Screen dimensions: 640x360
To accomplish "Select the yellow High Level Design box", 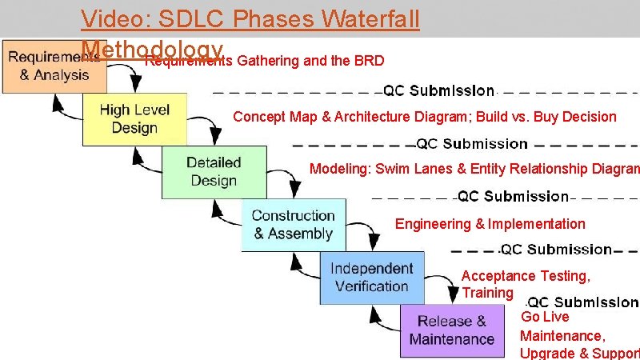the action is [x=134, y=119].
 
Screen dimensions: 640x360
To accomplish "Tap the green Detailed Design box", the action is [x=214, y=172].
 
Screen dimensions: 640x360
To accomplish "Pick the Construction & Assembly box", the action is [x=293, y=225].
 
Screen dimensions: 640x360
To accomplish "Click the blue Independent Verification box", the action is [x=372, y=278].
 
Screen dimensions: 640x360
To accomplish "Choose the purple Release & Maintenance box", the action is [x=452, y=330].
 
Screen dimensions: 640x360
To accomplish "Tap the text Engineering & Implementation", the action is [x=490, y=224].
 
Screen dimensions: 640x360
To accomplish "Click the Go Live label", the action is [x=545, y=317].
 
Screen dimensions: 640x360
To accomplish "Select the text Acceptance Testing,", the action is [x=526, y=276].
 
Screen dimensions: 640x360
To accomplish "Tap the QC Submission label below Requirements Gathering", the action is [x=439, y=90].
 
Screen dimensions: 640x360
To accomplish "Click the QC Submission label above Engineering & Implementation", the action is [x=513, y=197].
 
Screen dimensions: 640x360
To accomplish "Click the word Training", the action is [x=487, y=293].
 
